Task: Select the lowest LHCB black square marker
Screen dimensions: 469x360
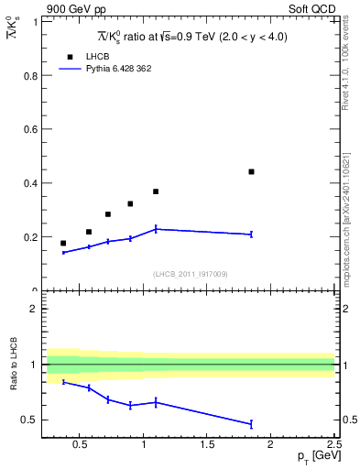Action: [63, 243]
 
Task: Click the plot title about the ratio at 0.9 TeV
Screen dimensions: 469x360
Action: [191, 37]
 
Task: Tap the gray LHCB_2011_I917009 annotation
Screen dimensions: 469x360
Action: [190, 274]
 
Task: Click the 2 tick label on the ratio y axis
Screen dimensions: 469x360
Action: [34, 309]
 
